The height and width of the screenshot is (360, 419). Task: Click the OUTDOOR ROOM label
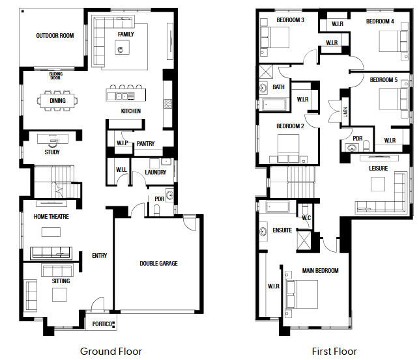coord(55,36)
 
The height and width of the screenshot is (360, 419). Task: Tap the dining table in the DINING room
coord(57,101)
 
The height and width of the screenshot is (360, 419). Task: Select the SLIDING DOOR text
coord(55,76)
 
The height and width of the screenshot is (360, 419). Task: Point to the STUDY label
coord(52,152)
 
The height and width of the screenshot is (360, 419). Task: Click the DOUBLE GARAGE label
coord(159,264)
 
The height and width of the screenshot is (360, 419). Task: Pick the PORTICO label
coord(102,324)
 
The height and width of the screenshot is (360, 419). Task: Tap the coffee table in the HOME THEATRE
coord(51,232)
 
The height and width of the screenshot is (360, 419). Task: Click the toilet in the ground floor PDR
coord(157,210)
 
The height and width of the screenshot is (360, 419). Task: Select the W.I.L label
coord(122,170)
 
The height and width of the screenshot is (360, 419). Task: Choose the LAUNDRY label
coord(156,173)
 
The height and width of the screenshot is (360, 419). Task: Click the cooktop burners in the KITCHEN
coord(168,104)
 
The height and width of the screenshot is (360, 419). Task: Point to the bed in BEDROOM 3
coord(275,37)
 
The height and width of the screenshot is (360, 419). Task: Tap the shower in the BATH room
coord(266,72)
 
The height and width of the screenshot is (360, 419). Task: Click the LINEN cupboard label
coord(345,112)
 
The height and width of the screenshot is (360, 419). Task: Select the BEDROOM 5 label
coord(384,80)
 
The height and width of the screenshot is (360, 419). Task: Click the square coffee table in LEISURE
coord(378,184)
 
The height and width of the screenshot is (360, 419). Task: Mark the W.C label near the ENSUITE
coord(306,218)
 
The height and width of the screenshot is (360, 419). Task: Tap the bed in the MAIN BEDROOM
coord(302,294)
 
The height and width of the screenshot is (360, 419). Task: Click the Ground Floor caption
coord(111,352)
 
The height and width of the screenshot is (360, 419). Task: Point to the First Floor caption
coord(334,352)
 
